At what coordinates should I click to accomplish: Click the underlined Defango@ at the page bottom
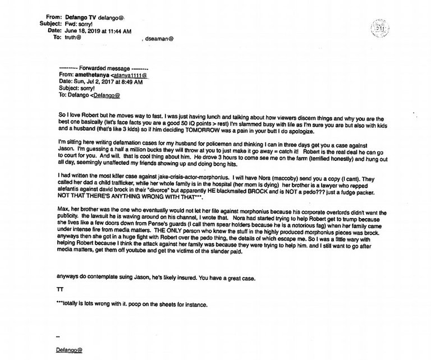point(71,350)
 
